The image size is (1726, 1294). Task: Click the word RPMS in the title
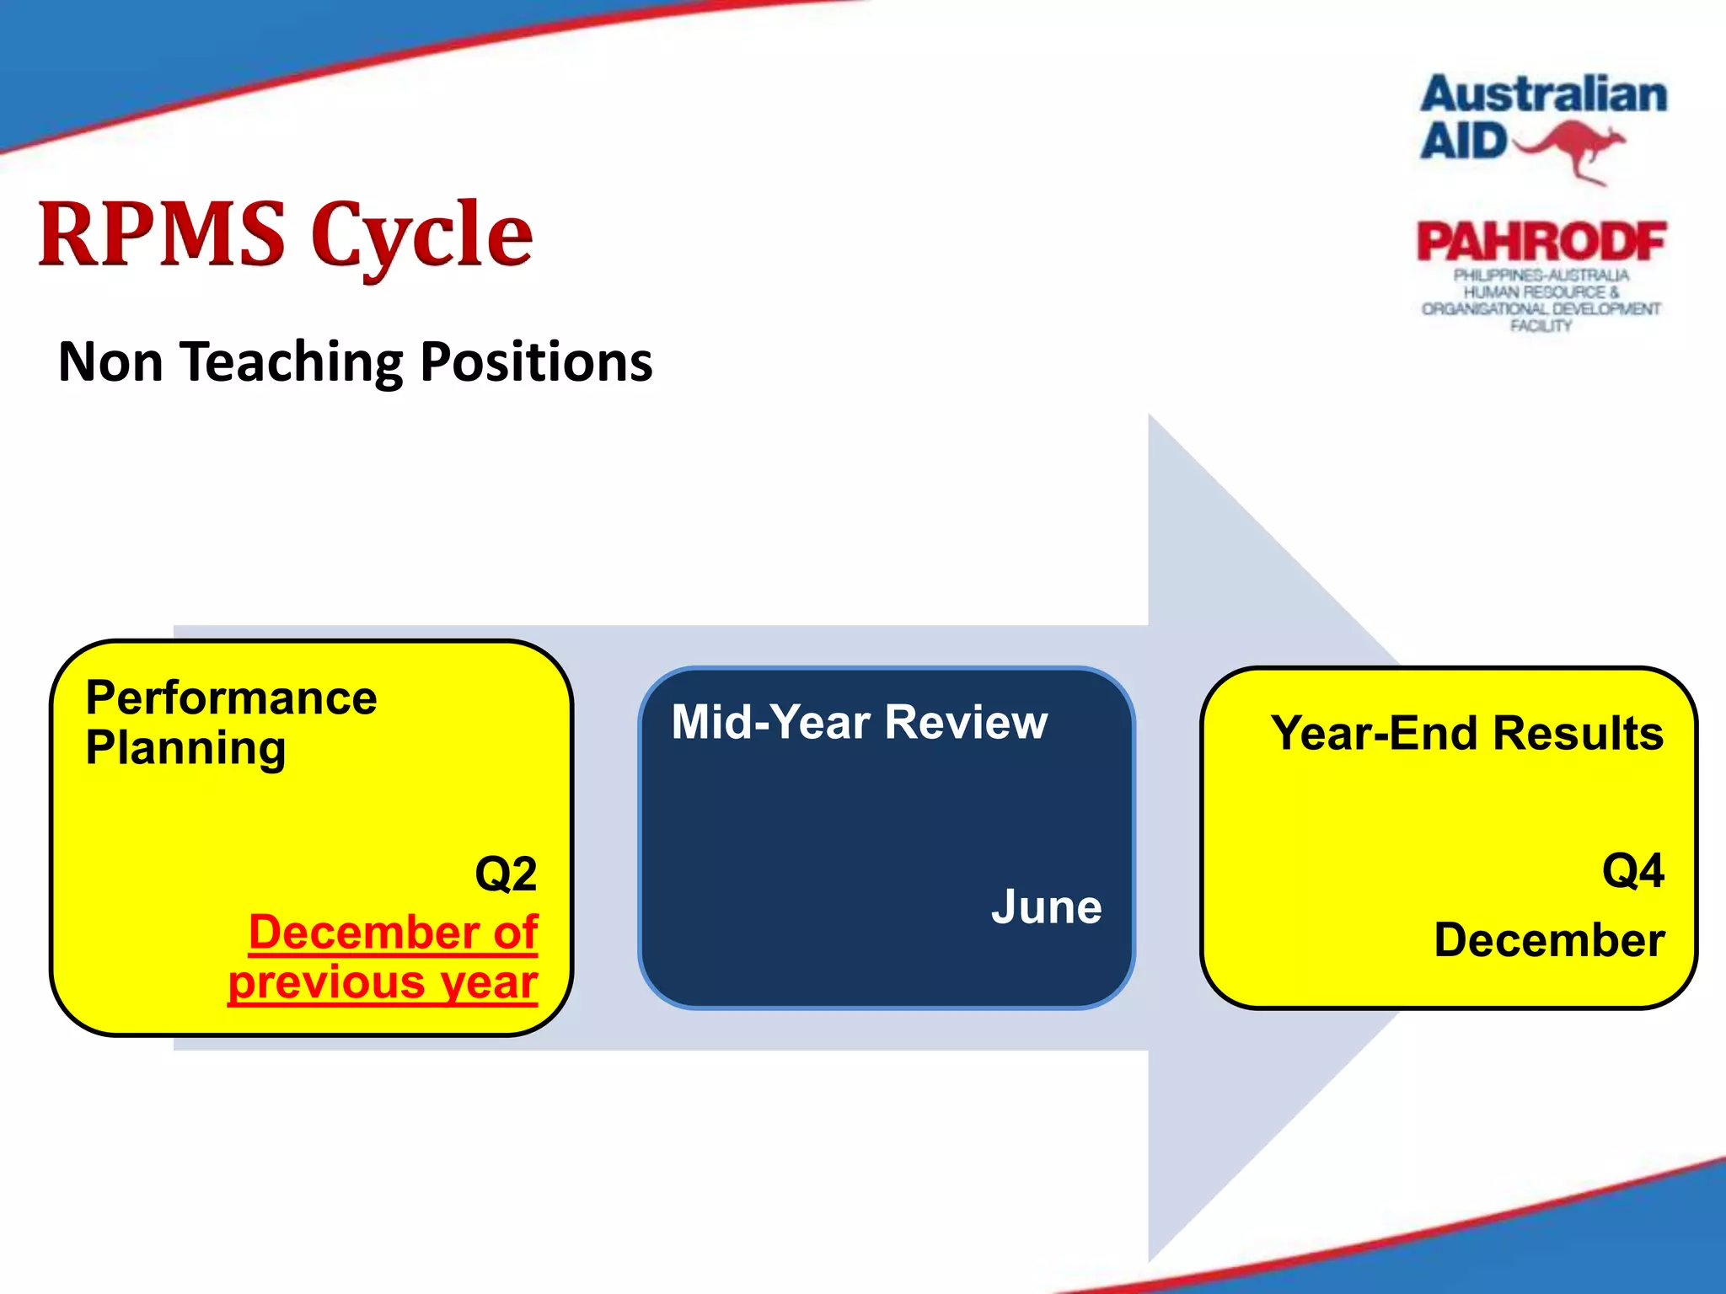162,234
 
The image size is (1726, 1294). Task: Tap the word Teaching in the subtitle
292,362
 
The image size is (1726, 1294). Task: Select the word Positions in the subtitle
536,362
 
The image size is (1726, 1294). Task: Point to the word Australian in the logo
1544,94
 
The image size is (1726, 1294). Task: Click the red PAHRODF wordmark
1541,243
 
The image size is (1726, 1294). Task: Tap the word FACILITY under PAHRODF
1541,326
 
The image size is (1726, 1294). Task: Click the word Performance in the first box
231,698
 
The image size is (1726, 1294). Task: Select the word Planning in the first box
185,748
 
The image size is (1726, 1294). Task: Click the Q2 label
506,874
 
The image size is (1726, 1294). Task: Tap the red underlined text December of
393,933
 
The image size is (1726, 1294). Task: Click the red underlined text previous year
383,982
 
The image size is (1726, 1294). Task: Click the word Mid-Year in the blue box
770,722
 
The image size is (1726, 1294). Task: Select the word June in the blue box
1046,907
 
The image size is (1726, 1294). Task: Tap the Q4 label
1632,870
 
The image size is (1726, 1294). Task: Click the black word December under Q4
1549,939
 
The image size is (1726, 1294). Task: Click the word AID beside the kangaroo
1463,141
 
